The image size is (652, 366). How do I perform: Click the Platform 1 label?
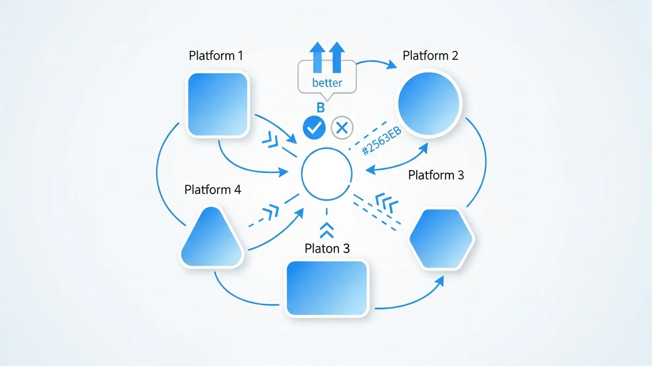pos(216,55)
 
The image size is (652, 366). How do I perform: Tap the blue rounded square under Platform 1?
pos(217,104)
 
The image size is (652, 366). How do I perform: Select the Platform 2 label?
pos(430,55)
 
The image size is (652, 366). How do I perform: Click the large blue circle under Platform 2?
pos(429,103)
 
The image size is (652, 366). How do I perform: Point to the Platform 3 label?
pos(436,175)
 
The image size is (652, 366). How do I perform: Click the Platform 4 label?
pos(212,190)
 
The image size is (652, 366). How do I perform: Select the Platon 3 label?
pos(327,248)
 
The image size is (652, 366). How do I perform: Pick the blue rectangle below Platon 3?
pos(327,288)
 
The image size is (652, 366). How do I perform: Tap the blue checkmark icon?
pos(314,127)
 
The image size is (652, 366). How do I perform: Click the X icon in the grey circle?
pos(342,128)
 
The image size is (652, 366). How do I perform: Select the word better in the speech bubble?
pos(327,83)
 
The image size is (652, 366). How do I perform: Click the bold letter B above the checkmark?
pos(321,108)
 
